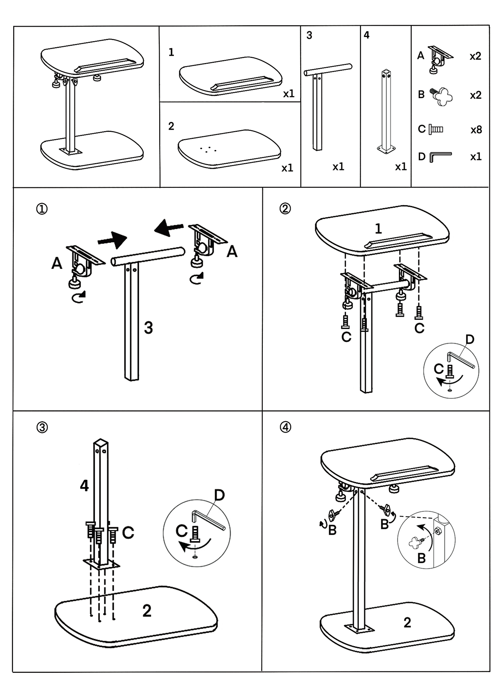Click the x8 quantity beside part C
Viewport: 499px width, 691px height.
point(476,130)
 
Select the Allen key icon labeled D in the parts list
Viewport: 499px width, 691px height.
point(440,157)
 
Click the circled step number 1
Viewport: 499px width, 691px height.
point(42,209)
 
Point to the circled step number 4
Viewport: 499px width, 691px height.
point(286,427)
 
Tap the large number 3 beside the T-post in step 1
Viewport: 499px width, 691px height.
point(148,328)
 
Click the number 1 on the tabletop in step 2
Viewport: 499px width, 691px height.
point(378,229)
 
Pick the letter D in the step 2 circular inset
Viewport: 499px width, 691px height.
point(469,339)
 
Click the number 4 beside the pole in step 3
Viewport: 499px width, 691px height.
point(84,485)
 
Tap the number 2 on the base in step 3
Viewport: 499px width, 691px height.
point(147,611)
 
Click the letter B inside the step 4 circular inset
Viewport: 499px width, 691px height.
point(421,558)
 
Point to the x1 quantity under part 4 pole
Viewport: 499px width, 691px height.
point(400,167)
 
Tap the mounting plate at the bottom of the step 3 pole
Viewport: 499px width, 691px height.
point(101,563)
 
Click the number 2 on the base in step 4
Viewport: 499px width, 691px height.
point(408,622)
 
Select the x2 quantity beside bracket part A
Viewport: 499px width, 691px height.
point(475,56)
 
